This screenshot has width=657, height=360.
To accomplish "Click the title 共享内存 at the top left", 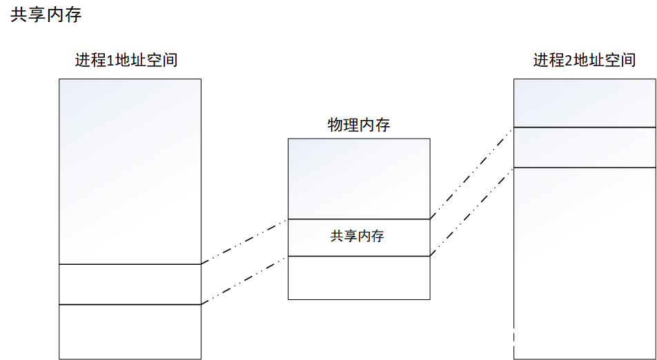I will pos(46,15).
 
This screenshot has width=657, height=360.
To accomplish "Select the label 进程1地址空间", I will pos(126,60).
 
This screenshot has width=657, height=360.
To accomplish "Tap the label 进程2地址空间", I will pos(584,60).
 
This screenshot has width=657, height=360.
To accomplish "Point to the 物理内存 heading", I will pos(358,125).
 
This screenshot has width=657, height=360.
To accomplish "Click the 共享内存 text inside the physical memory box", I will pos(357,237).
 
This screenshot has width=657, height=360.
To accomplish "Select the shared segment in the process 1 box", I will pos(130,284).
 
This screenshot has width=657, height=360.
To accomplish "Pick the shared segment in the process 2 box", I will pos(584,148).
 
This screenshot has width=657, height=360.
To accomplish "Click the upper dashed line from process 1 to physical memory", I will pos(244,241).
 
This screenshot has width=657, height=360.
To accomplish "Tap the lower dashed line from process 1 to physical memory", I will pos(244,281).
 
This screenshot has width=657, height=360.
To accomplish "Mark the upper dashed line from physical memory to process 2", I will pos(472,173).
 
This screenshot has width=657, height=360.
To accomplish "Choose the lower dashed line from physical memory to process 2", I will pos(472,212).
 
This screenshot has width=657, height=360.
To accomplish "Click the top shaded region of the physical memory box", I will pos(358,179).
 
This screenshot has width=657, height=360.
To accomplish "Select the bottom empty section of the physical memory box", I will pos(358,278).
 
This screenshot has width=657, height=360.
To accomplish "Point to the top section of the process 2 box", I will pos(584,103).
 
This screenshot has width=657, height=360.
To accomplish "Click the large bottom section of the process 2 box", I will pos(584,262).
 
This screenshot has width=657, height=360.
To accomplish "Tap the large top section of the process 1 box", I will pos(130,171).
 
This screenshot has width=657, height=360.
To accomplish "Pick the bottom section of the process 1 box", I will pos(130,331).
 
